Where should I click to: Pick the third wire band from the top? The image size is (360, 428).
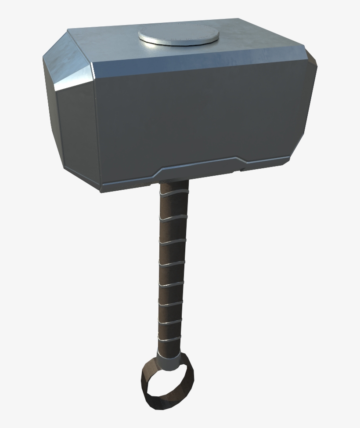173,241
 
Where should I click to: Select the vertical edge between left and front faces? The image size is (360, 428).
97,132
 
